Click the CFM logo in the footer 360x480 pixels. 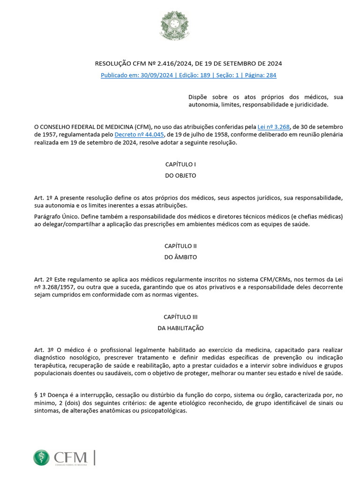click(61, 457)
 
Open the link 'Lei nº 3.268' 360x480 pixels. click(274, 127)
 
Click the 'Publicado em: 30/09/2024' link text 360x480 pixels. click(136, 75)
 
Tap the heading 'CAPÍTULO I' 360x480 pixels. click(180, 165)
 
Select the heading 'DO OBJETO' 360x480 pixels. click(180, 175)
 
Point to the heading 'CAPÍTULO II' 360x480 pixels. click(180, 246)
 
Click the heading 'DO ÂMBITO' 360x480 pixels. click(180, 257)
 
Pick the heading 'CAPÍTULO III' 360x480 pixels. click(180, 317)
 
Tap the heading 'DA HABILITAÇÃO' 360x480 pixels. click(180, 328)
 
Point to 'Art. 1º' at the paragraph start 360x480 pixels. click(43, 197)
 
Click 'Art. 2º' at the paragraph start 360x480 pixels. click(43, 279)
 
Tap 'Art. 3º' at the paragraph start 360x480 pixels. click(43, 350)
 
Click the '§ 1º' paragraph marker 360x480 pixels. click(39, 395)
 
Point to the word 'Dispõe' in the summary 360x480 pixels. click(198, 97)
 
